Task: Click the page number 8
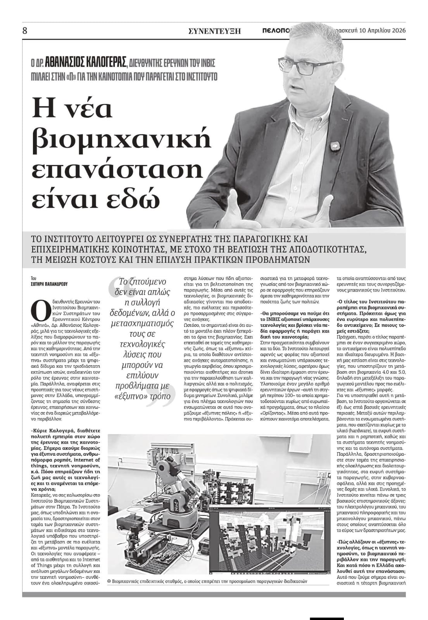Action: click(x=25, y=31)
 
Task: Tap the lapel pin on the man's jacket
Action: click(x=333, y=146)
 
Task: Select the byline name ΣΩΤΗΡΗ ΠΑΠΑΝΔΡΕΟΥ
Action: click(x=49, y=284)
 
